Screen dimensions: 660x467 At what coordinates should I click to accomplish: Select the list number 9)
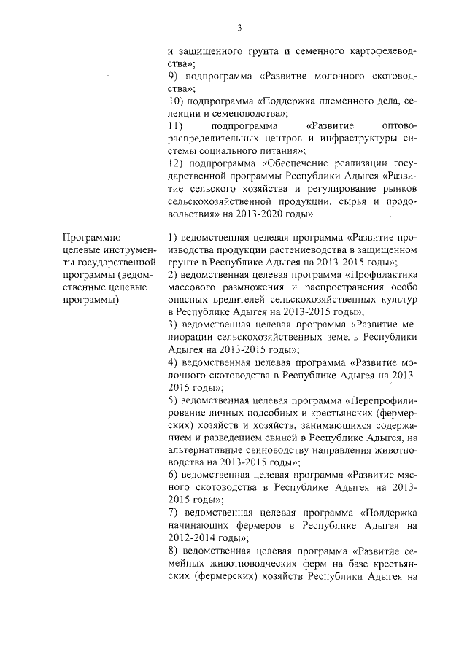click(173, 77)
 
